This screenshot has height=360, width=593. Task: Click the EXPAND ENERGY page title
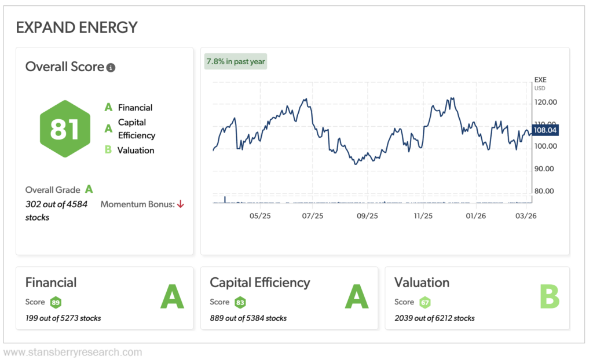pyautogui.click(x=76, y=27)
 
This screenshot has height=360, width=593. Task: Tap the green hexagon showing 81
pyautogui.click(x=65, y=128)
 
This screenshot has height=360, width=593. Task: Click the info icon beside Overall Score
pyautogui.click(x=111, y=68)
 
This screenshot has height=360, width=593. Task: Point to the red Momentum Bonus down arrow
pyautogui.click(x=181, y=204)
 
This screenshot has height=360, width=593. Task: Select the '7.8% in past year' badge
pyautogui.click(x=236, y=61)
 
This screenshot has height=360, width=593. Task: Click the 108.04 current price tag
pyautogui.click(x=544, y=131)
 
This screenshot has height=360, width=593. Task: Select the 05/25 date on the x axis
pyautogui.click(x=260, y=216)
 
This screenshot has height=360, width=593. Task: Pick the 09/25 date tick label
pyautogui.click(x=367, y=216)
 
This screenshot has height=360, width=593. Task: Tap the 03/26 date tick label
pyautogui.click(x=526, y=216)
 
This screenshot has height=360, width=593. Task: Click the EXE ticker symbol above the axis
pyautogui.click(x=540, y=80)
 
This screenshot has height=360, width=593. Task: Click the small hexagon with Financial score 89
pyautogui.click(x=56, y=302)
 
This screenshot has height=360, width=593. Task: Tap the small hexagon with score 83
pyautogui.click(x=240, y=302)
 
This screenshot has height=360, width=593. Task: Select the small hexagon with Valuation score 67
pyautogui.click(x=425, y=302)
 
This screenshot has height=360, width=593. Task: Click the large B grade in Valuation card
pyautogui.click(x=549, y=297)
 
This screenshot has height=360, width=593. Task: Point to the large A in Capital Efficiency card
pyautogui.click(x=357, y=297)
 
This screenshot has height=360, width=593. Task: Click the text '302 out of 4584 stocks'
pyautogui.click(x=56, y=211)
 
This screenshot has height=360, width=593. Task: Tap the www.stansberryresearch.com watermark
pyautogui.click(x=72, y=352)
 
